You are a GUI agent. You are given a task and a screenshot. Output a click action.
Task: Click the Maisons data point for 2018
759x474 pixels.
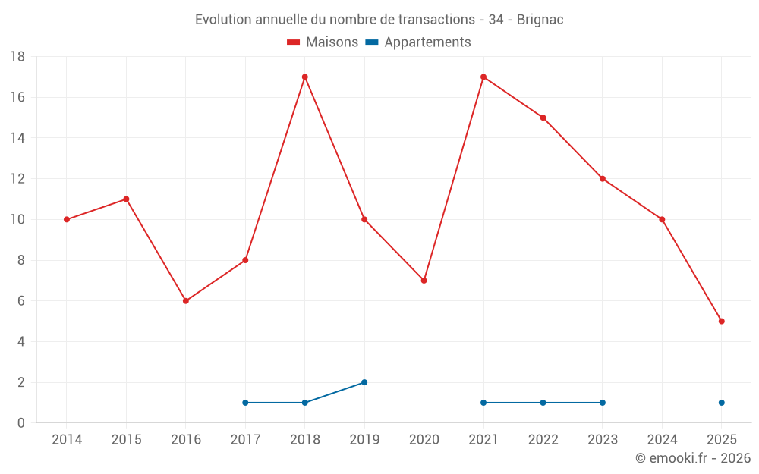(x=304, y=77)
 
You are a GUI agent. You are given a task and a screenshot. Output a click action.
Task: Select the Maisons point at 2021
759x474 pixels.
(x=483, y=77)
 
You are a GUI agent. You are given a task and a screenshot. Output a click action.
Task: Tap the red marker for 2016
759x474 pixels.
(x=186, y=301)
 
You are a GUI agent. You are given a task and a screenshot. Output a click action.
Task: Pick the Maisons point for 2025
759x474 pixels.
(x=721, y=321)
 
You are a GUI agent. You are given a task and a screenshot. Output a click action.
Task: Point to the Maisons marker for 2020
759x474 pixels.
(x=424, y=281)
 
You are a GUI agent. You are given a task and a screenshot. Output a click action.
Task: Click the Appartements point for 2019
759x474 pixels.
(x=364, y=382)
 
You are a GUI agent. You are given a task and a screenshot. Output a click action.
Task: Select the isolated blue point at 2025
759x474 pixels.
(x=721, y=403)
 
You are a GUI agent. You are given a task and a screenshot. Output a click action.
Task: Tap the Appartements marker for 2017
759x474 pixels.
(x=245, y=403)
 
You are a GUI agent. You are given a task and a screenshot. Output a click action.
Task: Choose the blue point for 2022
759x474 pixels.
(x=543, y=403)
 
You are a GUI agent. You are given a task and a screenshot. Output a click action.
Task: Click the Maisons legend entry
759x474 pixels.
(x=323, y=42)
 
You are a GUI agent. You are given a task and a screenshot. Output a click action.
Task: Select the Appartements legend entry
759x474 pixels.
(x=418, y=42)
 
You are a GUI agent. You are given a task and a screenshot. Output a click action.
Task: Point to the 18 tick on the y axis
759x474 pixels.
(x=17, y=57)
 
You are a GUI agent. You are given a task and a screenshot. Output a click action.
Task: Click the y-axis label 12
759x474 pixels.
(x=17, y=179)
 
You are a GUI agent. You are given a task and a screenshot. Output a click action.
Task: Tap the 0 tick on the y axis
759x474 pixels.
(x=21, y=423)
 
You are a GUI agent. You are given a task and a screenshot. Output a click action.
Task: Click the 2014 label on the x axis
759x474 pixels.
(x=67, y=440)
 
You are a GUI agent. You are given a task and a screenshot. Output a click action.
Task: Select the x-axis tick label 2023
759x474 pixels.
(x=602, y=440)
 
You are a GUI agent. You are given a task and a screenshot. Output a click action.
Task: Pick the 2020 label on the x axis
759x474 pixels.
(x=424, y=440)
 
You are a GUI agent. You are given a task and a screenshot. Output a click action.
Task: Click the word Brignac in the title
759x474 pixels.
(x=540, y=19)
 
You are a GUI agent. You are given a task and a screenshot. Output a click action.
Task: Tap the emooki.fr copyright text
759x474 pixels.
(x=693, y=458)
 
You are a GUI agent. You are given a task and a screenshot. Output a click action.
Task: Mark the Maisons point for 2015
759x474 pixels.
(x=126, y=199)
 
